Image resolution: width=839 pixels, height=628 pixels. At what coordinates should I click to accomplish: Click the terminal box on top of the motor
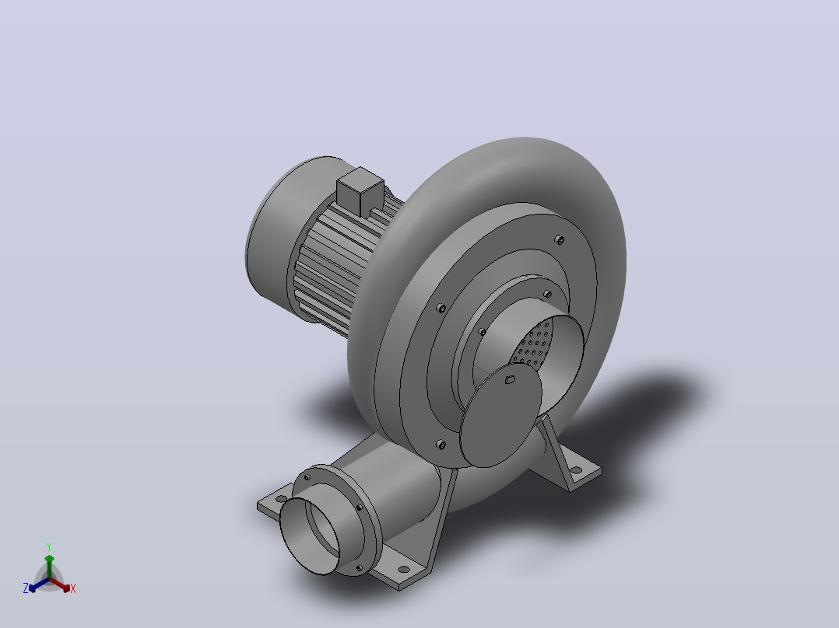coord(360,191)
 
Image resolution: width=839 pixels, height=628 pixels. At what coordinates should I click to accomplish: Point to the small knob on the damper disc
coord(509,379)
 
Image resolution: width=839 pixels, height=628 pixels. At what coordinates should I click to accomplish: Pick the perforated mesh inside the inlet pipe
coord(532,345)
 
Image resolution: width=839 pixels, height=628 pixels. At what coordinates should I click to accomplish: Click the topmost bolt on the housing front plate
coord(559,239)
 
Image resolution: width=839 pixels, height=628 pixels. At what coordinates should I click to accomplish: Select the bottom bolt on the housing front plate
coord(441,444)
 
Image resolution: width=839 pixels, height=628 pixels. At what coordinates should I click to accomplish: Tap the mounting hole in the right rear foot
coord(576,471)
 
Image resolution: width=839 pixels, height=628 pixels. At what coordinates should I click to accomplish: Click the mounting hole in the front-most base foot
coord(405,570)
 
